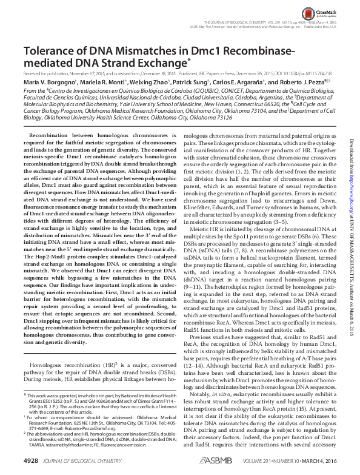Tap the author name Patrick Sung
205,81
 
